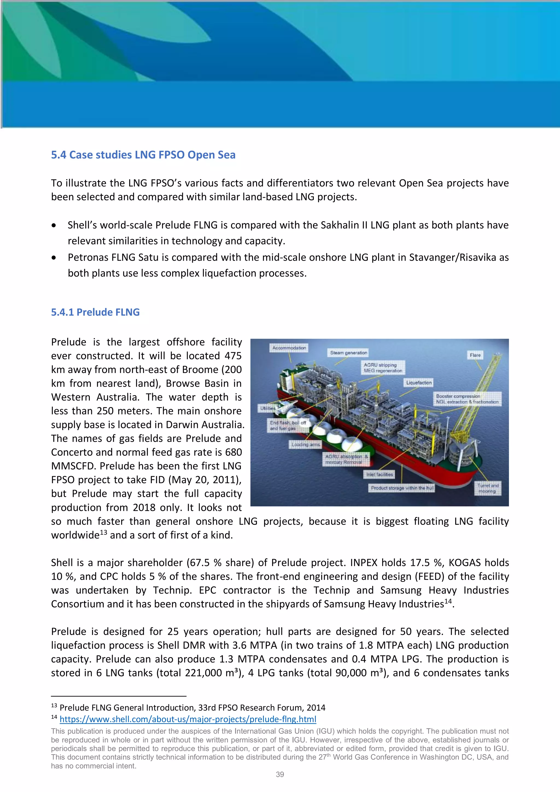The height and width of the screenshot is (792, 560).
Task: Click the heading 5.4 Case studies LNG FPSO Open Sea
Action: pyautogui.click(x=143, y=155)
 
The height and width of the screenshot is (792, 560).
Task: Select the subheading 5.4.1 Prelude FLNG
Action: pyautogui.click(x=95, y=312)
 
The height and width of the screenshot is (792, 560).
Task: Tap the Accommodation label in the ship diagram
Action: pyautogui.click(x=289, y=348)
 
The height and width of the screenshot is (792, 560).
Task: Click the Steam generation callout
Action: pyautogui.click(x=348, y=353)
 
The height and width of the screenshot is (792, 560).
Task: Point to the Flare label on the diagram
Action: pyautogui.click(x=475, y=355)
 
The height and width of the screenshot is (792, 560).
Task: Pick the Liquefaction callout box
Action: pyautogui.click(x=419, y=383)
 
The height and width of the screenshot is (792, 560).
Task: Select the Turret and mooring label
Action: pyautogui.click(x=488, y=488)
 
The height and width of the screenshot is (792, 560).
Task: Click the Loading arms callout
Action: pyautogui.click(x=305, y=445)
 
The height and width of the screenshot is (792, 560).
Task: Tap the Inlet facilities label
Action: pyautogui.click(x=379, y=475)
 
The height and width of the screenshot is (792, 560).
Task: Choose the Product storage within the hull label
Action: pyautogui.click(x=402, y=488)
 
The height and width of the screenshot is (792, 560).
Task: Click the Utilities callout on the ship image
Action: pyautogui.click(x=268, y=408)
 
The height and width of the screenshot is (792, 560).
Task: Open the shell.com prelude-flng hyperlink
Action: pyautogui.click(x=188, y=719)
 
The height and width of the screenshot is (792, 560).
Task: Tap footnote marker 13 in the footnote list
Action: pyautogui.click(x=54, y=706)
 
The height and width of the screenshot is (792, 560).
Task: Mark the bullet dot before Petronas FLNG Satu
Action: pyautogui.click(x=54, y=258)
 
